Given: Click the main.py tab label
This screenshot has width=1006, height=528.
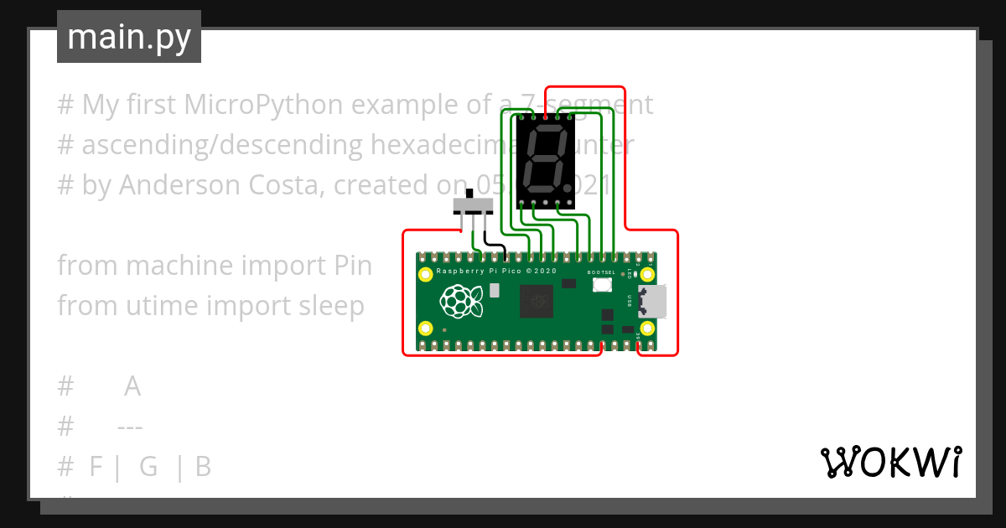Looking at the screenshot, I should pyautogui.click(x=129, y=37).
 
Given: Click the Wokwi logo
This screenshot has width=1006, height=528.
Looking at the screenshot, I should pyautogui.click(x=890, y=462).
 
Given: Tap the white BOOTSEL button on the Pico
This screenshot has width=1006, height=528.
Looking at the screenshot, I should pyautogui.click(x=601, y=285).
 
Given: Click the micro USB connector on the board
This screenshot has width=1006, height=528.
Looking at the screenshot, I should pyautogui.click(x=653, y=301).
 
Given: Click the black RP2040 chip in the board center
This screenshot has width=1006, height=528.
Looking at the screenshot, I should pyautogui.click(x=537, y=301).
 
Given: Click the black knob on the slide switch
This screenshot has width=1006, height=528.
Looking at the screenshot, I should pyautogui.click(x=468, y=198).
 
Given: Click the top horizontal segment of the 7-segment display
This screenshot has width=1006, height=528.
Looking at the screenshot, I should pyautogui.click(x=547, y=130).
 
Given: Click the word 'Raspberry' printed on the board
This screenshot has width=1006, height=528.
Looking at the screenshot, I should pyautogui.click(x=458, y=272).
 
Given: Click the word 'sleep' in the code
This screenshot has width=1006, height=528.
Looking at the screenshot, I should pyautogui.click(x=331, y=306).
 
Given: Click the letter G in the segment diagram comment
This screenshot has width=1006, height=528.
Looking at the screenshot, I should pyautogui.click(x=148, y=467).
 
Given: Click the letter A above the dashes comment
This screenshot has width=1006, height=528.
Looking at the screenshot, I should pyautogui.click(x=132, y=387).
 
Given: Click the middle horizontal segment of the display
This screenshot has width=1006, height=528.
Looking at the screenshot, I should pyautogui.click(x=545, y=159).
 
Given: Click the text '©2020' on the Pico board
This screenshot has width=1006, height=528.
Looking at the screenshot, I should pyautogui.click(x=543, y=272).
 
